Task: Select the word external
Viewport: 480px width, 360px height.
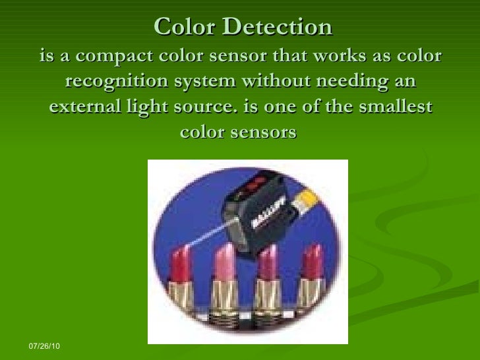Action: click(x=83, y=107)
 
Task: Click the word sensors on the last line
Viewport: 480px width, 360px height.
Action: click(x=268, y=132)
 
